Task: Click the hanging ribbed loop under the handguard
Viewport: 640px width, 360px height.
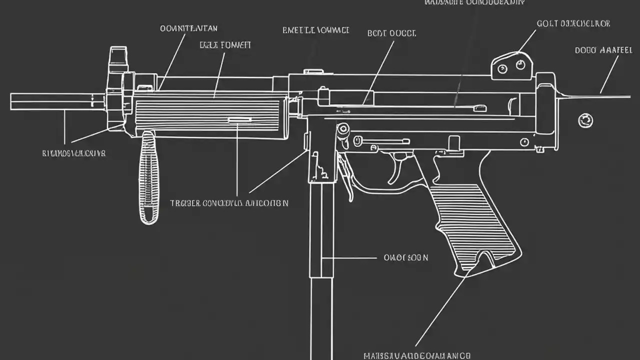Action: pyautogui.click(x=148, y=177)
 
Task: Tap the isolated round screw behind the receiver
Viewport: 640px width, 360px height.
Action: pyautogui.click(x=585, y=120)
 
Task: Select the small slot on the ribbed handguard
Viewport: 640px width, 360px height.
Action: pyautogui.click(x=239, y=120)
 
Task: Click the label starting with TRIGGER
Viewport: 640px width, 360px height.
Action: pyautogui.click(x=229, y=203)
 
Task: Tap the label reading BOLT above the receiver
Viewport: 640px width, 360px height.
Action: pyautogui.click(x=391, y=33)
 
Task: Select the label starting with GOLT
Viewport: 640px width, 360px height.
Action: pyautogui.click(x=573, y=23)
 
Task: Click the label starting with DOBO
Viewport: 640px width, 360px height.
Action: pyautogui.click(x=603, y=50)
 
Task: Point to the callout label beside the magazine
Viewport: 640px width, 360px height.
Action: pyautogui.click(x=405, y=258)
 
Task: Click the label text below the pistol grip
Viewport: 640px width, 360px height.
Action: pyautogui.click(x=416, y=356)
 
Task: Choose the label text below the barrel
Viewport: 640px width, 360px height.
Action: pyautogui.click(x=73, y=153)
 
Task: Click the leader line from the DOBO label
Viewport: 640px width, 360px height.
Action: pyautogui.click(x=608, y=75)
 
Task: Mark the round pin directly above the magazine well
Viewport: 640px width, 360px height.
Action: pyautogui.click(x=342, y=129)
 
